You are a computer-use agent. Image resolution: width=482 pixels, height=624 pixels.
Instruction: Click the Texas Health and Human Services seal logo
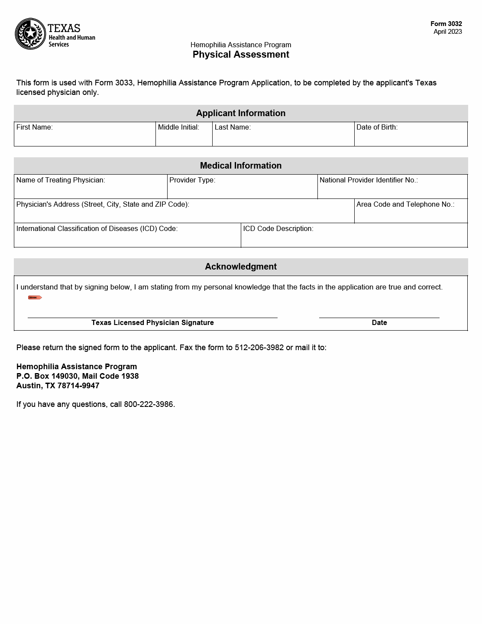[30, 33]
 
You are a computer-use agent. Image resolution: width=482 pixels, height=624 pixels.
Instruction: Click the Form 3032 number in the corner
[446, 24]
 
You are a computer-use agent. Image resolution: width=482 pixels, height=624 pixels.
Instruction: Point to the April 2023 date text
[447, 32]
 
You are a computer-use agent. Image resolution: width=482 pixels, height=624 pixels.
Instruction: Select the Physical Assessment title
[241, 55]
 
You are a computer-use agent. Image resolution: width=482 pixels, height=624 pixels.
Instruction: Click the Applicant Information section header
[241, 113]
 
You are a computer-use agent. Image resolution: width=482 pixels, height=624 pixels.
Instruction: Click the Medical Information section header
[241, 166]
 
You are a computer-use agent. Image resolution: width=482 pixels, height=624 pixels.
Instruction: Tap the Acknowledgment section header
[241, 266]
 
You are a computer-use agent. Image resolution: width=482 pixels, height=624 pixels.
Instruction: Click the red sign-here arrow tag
[35, 298]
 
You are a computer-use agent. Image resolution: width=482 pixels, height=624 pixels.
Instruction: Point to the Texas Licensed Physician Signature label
[152, 323]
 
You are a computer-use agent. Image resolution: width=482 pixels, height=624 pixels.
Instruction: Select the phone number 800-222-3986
[149, 404]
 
